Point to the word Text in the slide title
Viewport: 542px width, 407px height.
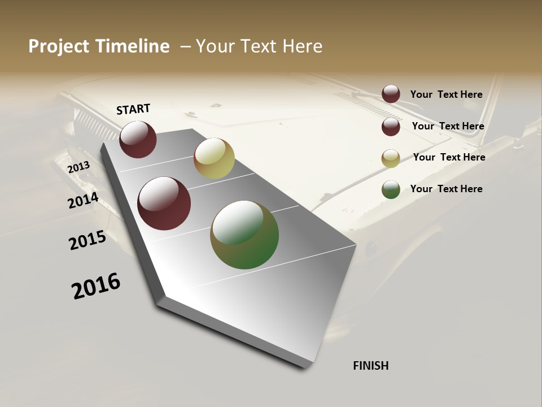(x=253, y=46)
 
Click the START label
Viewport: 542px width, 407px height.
(x=133, y=109)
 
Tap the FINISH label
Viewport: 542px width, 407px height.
(x=370, y=366)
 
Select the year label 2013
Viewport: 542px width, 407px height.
(x=78, y=167)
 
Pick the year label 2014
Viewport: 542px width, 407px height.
(x=83, y=201)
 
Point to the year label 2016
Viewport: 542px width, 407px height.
(x=96, y=286)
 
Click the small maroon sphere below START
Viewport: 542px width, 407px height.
(x=138, y=140)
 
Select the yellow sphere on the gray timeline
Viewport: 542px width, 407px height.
(x=214, y=158)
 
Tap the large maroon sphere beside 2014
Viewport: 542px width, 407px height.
(x=164, y=203)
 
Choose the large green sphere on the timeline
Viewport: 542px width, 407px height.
(x=244, y=235)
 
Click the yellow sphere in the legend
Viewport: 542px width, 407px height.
(x=391, y=159)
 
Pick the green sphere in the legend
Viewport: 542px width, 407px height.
(x=391, y=190)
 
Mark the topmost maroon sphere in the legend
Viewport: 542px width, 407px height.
(x=391, y=94)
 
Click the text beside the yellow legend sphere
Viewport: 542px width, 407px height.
(x=449, y=157)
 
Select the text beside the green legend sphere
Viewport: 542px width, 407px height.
(x=446, y=189)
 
